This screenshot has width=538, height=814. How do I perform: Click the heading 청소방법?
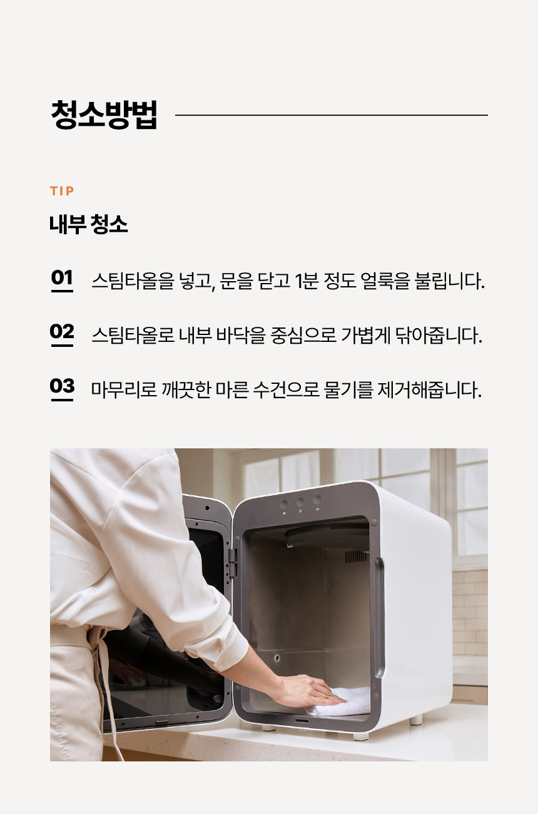pos(104,115)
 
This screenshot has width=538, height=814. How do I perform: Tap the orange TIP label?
pos(62,191)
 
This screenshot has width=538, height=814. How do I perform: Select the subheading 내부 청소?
pos(89,224)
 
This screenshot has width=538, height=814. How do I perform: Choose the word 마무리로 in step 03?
pos(124,389)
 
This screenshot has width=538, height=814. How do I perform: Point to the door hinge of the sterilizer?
pos(233,563)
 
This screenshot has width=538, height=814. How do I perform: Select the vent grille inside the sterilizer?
pos(355,557)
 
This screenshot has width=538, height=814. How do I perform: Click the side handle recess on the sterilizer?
pos(378,618)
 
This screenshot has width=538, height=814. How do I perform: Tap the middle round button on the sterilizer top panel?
pos(300,502)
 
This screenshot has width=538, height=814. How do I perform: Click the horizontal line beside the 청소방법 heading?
pos(332,115)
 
